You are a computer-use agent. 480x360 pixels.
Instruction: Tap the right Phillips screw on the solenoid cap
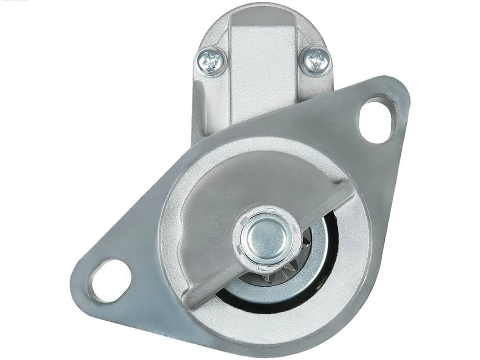pyautogui.click(x=316, y=60)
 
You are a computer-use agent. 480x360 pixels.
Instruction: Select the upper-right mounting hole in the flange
pyautogui.click(x=377, y=120)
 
